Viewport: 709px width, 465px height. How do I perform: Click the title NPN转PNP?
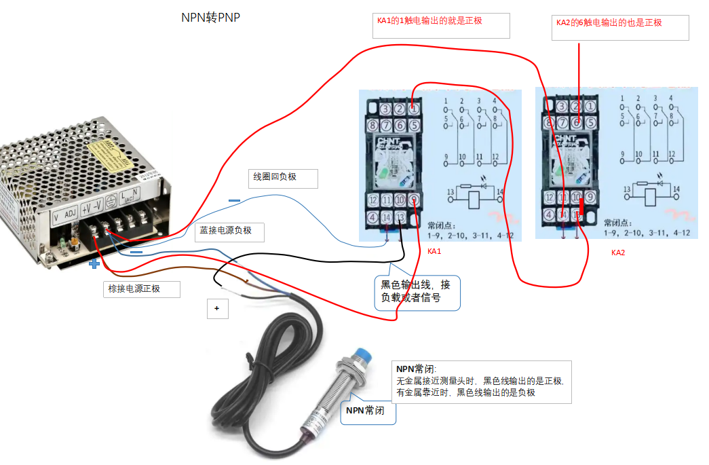pyautogui.click(x=210, y=18)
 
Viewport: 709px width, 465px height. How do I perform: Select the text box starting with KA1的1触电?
pyautogui.click(x=441, y=26)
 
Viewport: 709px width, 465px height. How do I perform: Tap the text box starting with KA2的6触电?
pyautogui.click(x=621, y=27)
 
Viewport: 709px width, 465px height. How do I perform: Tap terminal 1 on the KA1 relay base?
pyautogui.click(x=414, y=109)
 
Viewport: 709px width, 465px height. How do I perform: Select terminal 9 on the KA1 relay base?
pyautogui.click(x=414, y=200)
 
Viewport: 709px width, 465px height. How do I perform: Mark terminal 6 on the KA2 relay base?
pyautogui.click(x=577, y=123)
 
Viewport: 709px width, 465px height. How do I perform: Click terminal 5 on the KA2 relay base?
pyautogui.click(x=591, y=123)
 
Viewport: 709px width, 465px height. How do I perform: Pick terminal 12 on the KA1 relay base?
pyautogui.click(x=372, y=200)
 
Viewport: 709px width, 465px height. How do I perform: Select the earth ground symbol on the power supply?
pyautogui.click(x=109, y=204)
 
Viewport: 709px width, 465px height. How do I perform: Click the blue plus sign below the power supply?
pyautogui.click(x=94, y=264)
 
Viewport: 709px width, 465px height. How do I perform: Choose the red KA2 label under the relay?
pyautogui.click(x=617, y=253)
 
